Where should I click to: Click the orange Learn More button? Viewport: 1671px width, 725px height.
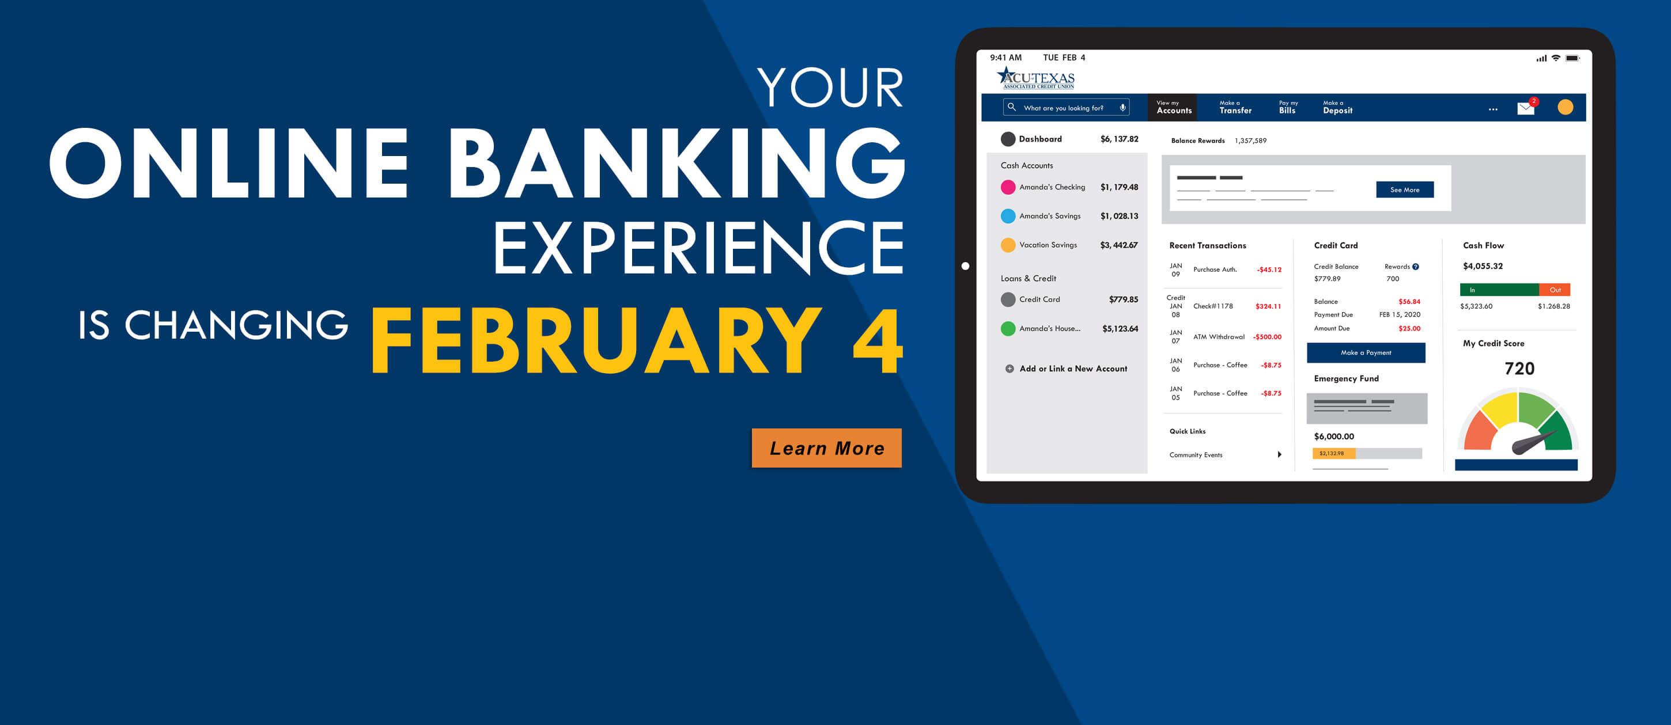(x=826, y=447)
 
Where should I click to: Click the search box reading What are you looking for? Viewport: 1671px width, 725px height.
(x=1066, y=108)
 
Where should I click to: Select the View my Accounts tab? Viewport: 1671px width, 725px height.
(x=1174, y=108)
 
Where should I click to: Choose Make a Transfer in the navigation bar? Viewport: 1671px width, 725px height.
(x=1235, y=108)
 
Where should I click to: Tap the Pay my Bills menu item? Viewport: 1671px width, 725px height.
(x=1288, y=108)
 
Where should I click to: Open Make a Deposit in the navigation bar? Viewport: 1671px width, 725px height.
(x=1337, y=108)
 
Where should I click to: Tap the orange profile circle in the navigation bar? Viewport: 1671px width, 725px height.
(x=1565, y=107)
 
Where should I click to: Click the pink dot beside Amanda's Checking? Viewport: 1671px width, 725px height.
(x=1008, y=187)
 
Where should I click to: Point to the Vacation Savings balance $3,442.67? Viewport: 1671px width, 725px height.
(x=1119, y=245)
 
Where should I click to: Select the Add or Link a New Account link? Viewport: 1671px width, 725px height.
(x=1067, y=369)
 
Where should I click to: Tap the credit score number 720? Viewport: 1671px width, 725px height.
(x=1519, y=369)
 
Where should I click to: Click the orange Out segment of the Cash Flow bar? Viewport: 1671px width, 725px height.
(x=1555, y=290)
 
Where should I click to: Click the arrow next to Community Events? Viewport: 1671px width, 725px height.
(x=1279, y=454)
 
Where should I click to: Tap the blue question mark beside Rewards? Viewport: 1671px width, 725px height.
(x=1415, y=267)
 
